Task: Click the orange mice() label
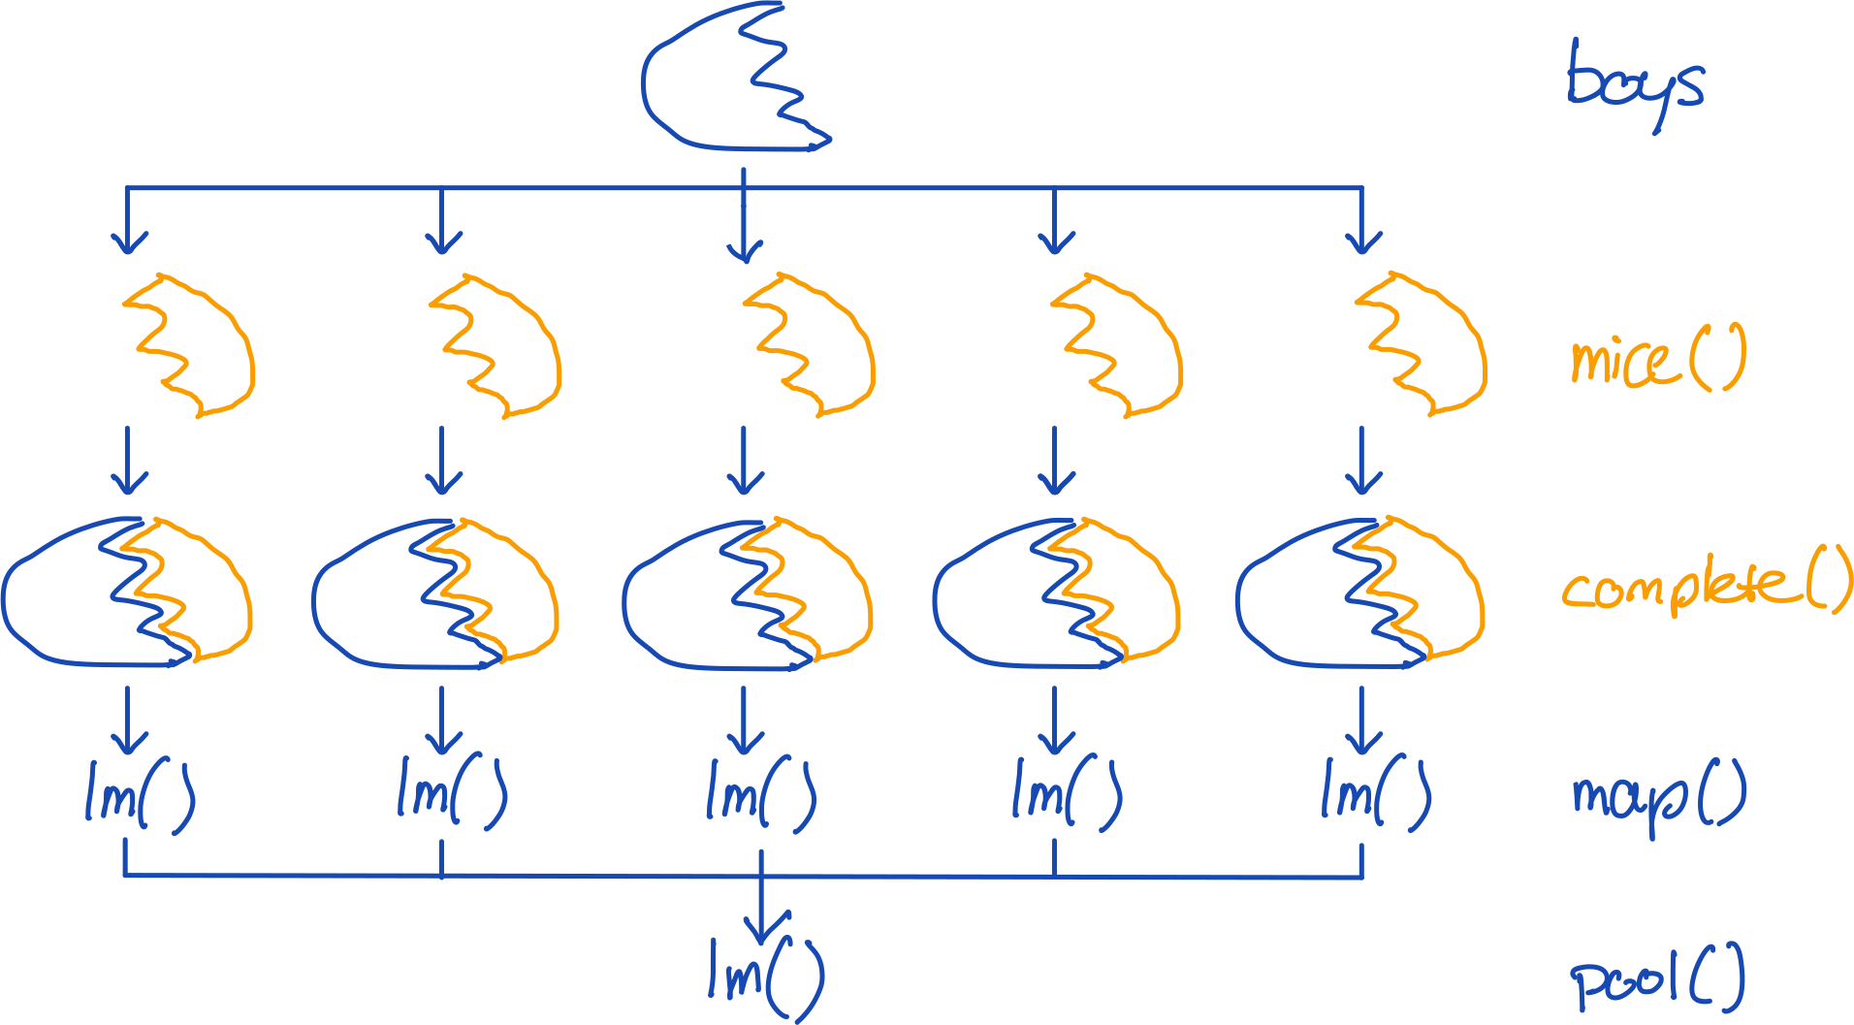[x=1657, y=359]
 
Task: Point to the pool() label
[x=1657, y=979]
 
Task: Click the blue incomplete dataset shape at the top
[x=727, y=82]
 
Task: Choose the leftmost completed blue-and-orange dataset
[x=126, y=593]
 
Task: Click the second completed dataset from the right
[x=1056, y=593]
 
